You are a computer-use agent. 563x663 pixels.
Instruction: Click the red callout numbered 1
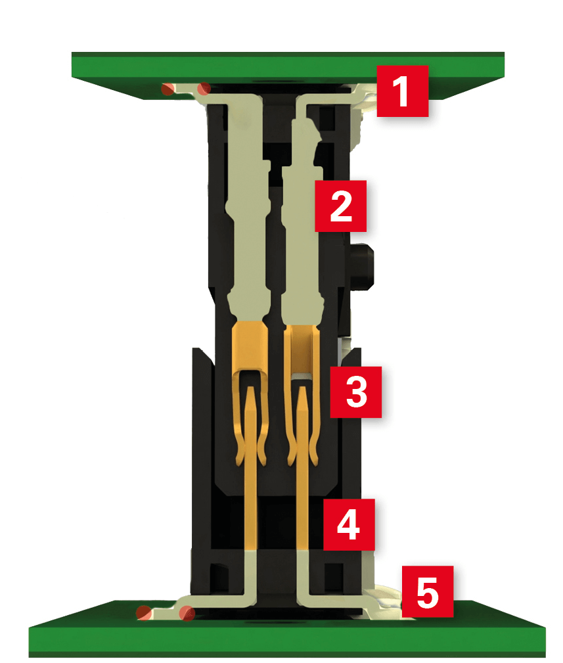pyautogui.click(x=403, y=91)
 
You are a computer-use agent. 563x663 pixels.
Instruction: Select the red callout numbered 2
pyautogui.click(x=341, y=206)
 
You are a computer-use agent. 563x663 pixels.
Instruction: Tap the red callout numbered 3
pyautogui.click(x=356, y=392)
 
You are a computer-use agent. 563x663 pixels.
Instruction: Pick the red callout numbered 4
pyautogui.click(x=349, y=524)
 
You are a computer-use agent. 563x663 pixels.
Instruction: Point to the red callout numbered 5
pyautogui.click(x=427, y=591)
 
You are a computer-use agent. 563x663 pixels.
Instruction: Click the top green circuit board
pyautogui.click(x=288, y=70)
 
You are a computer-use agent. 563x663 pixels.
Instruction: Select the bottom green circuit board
pyautogui.click(x=288, y=630)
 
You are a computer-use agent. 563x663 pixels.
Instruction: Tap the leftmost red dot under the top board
pyautogui.click(x=168, y=89)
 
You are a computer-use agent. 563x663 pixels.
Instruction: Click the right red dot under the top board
pyautogui.click(x=204, y=88)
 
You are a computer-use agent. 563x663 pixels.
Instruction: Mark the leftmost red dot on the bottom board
pyautogui.click(x=144, y=612)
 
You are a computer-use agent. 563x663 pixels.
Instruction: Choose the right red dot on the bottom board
pyautogui.click(x=187, y=613)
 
